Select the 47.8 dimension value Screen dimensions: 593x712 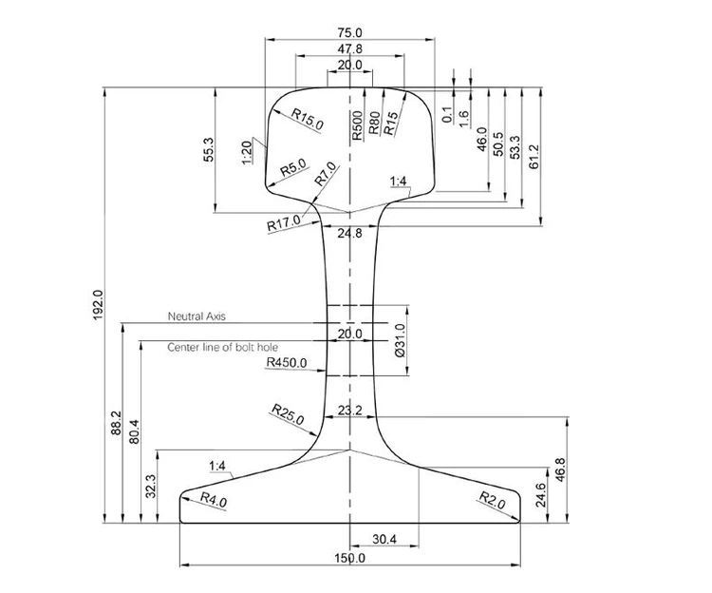pyautogui.click(x=350, y=48)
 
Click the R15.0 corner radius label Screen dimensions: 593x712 pyautogui.click(x=308, y=118)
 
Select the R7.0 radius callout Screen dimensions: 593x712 pyautogui.click(x=326, y=174)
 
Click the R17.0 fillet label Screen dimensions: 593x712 pyautogui.click(x=283, y=224)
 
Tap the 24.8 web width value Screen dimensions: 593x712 pyautogui.click(x=349, y=233)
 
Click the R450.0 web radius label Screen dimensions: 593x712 pyautogui.click(x=287, y=362)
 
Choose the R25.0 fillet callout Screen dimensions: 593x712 pyautogui.click(x=287, y=413)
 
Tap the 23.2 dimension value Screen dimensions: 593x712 pyautogui.click(x=349, y=411)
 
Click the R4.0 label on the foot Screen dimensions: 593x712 pyautogui.click(x=214, y=500)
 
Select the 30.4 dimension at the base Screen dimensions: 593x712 pyautogui.click(x=384, y=540)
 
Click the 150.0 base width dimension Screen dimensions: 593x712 pyautogui.click(x=350, y=558)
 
